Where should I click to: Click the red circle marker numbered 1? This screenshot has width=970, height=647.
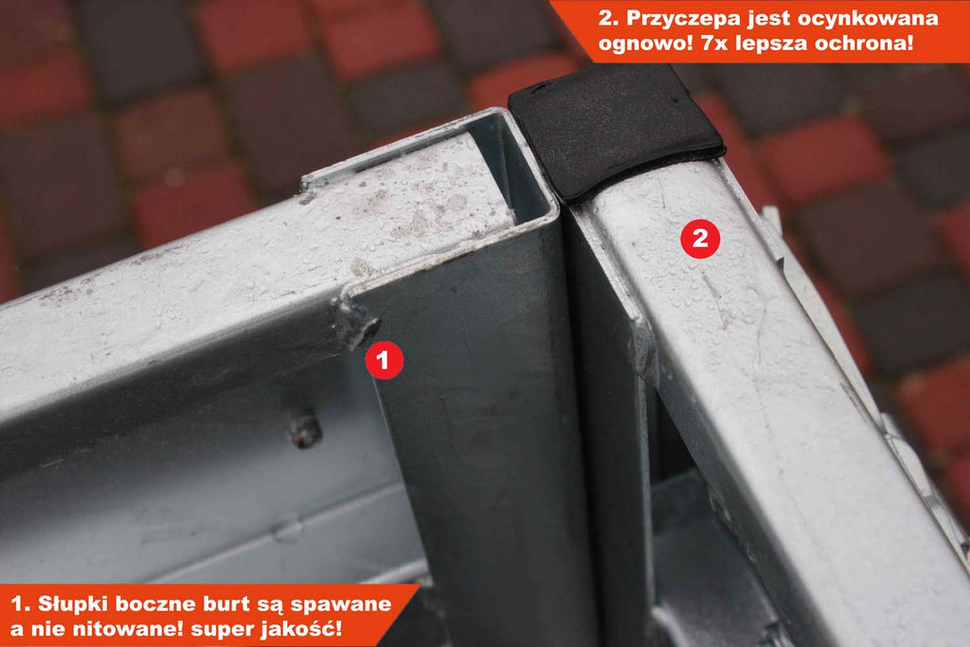tap(385, 359)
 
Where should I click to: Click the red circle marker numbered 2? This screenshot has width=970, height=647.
tap(700, 238)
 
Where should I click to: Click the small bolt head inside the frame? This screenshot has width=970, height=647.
tap(306, 430)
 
